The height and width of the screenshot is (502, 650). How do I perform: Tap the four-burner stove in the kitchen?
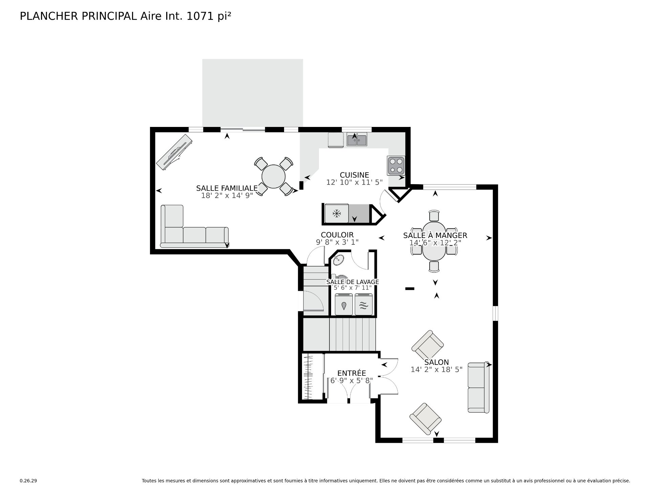(x=396, y=166)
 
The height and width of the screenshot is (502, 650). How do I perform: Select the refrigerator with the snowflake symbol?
(x=337, y=213)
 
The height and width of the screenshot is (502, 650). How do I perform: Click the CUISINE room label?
(x=354, y=175)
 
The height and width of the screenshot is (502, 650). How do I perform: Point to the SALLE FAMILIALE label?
(x=227, y=188)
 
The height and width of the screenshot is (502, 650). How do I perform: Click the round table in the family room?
(x=274, y=176)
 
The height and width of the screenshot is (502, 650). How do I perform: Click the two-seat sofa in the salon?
(x=478, y=388)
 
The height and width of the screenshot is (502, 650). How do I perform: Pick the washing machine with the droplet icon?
(x=344, y=305)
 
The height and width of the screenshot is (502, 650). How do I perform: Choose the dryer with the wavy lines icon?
(x=364, y=305)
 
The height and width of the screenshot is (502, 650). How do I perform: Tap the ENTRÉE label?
(x=352, y=373)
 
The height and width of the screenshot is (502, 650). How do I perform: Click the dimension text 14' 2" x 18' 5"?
(x=436, y=369)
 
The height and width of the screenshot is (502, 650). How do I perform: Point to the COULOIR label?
(x=337, y=235)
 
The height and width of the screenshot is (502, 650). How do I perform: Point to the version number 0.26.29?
(x=28, y=481)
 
